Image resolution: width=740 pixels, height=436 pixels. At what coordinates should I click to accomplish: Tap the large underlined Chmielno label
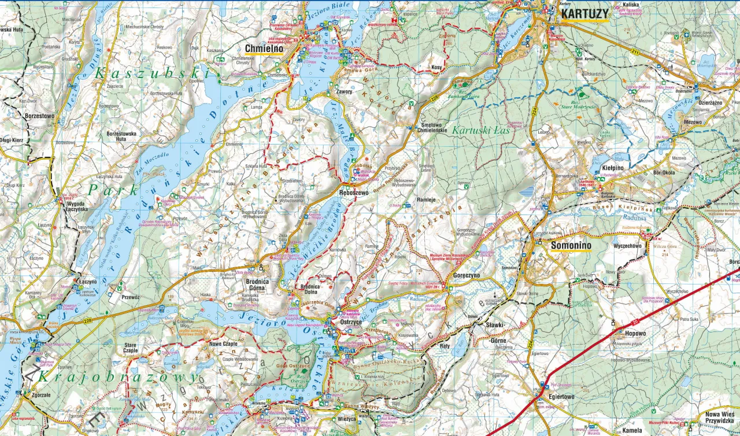click(264, 49)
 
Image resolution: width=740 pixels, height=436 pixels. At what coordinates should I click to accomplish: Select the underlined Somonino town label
click(571, 246)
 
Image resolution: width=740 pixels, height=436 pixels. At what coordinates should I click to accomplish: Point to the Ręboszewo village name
click(354, 193)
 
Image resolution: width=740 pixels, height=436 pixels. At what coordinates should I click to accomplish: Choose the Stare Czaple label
click(130, 349)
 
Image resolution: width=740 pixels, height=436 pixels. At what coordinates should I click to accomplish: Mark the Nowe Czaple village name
click(223, 343)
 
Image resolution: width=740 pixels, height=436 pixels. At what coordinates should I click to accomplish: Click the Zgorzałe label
click(36, 396)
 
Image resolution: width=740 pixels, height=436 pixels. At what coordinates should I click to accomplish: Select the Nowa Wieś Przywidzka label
click(719, 418)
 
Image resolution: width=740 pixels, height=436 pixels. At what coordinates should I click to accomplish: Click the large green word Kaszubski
click(151, 73)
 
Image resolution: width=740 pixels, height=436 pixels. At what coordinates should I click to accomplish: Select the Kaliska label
click(631, 5)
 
